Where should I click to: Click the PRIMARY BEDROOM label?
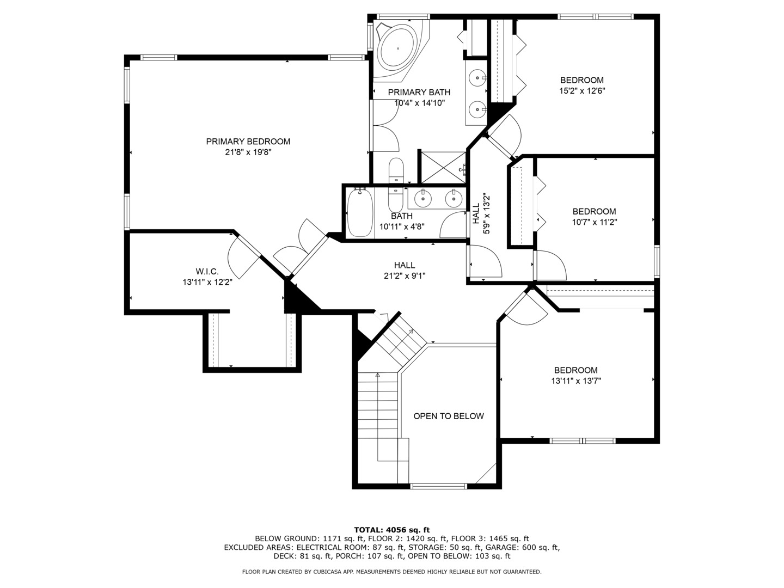[x=248, y=142]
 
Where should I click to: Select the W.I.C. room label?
[x=207, y=272]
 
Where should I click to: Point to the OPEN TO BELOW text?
[x=449, y=416]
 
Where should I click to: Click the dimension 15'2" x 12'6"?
[x=582, y=91]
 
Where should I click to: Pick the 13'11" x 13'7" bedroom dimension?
[x=576, y=381]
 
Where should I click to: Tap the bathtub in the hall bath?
[x=360, y=213]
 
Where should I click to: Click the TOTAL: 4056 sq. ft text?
[x=392, y=530]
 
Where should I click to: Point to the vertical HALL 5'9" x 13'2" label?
[x=481, y=213]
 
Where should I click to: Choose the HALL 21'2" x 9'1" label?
[x=405, y=270]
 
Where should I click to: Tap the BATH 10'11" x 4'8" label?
[x=402, y=222]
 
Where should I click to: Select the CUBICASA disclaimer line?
[x=392, y=572]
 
